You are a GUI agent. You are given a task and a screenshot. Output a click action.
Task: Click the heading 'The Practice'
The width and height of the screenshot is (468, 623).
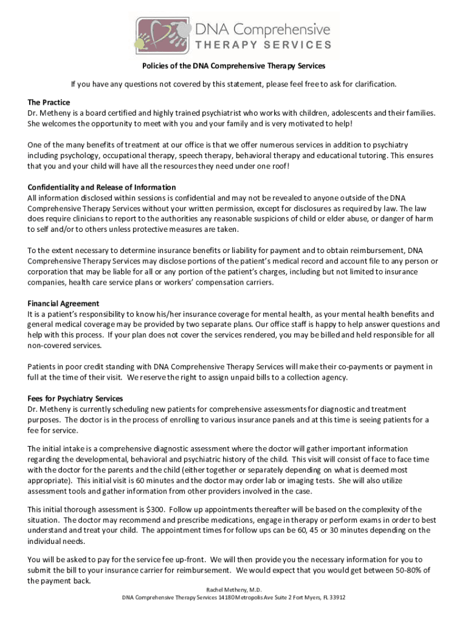point(49,102)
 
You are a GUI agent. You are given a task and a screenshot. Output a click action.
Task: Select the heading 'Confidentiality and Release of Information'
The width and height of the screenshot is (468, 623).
point(102,187)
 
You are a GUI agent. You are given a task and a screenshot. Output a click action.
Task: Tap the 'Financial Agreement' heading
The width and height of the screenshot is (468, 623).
point(63,304)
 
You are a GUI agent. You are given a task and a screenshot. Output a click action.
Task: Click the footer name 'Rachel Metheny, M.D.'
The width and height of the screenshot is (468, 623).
point(234,589)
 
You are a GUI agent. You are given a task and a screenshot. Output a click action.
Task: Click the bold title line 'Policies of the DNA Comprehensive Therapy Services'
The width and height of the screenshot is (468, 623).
point(234,66)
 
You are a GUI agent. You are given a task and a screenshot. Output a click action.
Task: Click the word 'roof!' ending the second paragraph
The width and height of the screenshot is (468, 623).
point(280,166)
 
